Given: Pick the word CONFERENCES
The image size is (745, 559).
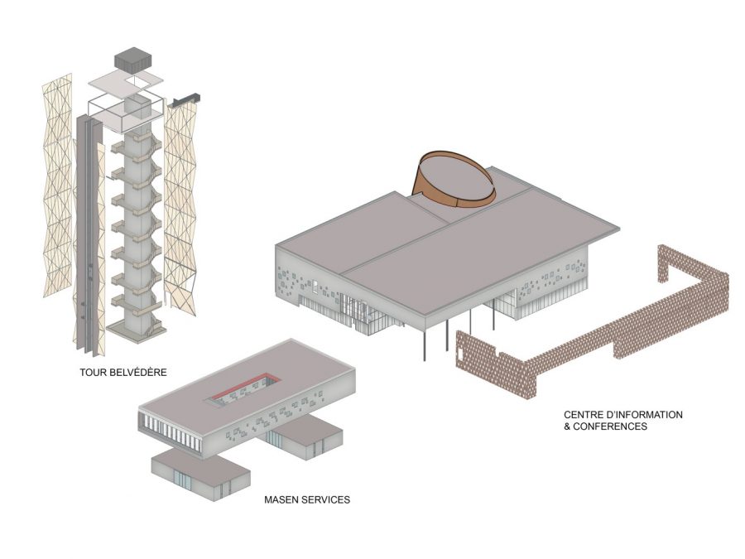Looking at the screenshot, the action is [610, 426].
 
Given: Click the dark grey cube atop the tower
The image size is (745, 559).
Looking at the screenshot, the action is [133, 60].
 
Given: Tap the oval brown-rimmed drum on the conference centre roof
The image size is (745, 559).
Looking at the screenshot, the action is [454, 181].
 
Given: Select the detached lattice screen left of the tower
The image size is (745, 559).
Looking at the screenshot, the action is [58, 186].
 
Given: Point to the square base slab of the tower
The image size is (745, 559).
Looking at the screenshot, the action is [137, 330].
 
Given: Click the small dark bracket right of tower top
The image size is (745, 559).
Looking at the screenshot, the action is [187, 99].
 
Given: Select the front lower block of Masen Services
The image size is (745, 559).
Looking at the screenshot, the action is [201, 475].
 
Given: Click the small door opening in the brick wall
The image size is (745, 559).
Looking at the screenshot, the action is [461, 352].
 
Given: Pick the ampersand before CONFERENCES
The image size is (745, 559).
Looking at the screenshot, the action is [567, 426].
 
